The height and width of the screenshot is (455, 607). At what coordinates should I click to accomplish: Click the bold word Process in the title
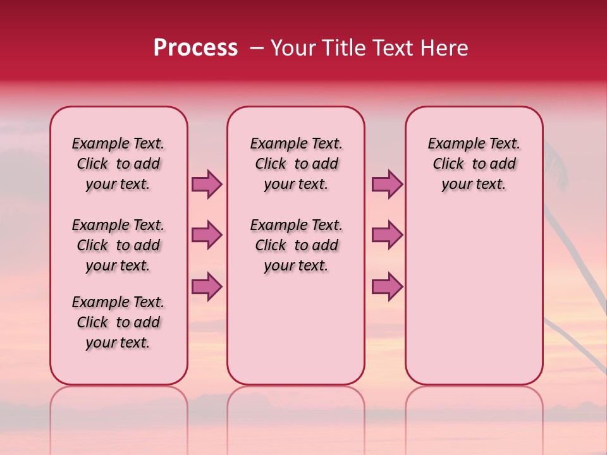[x=195, y=48]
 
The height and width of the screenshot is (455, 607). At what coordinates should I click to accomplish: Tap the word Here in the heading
[x=445, y=48]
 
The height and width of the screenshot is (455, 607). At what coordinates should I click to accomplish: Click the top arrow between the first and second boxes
[x=207, y=184]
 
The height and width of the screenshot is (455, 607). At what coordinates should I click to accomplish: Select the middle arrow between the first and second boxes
[x=207, y=235]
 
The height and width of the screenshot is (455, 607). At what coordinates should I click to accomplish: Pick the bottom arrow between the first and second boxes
[x=207, y=286]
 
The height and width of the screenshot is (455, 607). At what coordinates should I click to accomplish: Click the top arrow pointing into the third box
[x=387, y=184]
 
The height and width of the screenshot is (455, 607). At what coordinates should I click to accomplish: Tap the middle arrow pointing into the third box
[x=387, y=235]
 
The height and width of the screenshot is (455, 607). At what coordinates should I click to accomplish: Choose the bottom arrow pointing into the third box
[x=387, y=286]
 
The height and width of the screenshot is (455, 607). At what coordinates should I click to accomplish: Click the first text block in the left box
[x=118, y=164]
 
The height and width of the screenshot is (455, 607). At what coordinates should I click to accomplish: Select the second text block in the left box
[x=118, y=245]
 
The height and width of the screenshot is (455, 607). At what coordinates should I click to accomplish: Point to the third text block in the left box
[x=118, y=322]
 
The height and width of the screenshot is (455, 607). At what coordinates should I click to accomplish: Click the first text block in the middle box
[x=296, y=164]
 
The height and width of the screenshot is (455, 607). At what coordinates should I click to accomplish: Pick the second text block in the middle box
[x=296, y=245]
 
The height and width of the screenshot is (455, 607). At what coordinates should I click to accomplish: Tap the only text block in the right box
[x=474, y=164]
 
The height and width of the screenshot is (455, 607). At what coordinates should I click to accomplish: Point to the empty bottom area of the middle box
[x=296, y=335]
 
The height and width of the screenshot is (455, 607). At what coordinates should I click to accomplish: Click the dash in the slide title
[x=257, y=48]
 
